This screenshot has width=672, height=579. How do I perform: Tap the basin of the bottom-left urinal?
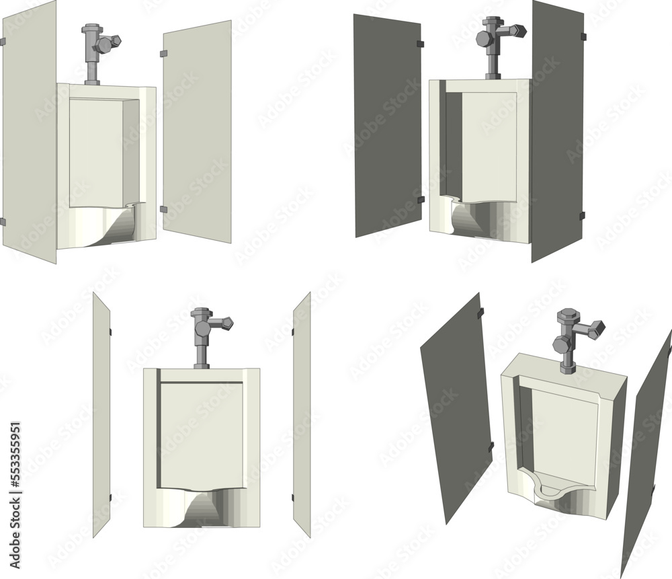pos(202,508)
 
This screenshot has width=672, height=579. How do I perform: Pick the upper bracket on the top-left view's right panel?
pos(163,52)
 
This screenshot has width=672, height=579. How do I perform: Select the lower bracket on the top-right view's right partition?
pos(582,216)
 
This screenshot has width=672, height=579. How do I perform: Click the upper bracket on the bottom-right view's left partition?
pos(479,314)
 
